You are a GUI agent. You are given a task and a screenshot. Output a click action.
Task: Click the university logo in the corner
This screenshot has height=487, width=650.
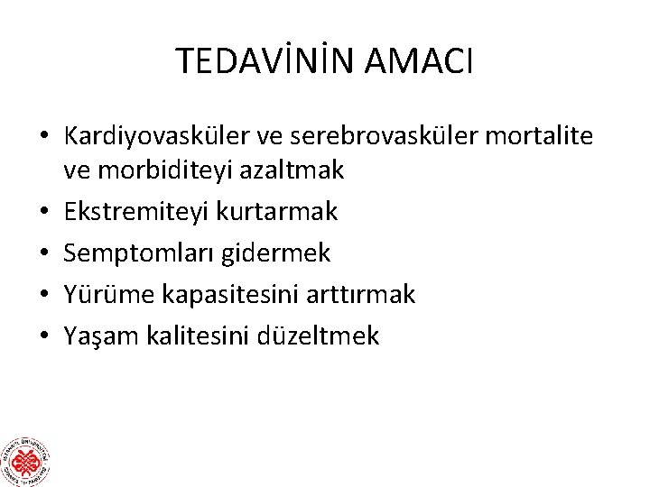(25, 461)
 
